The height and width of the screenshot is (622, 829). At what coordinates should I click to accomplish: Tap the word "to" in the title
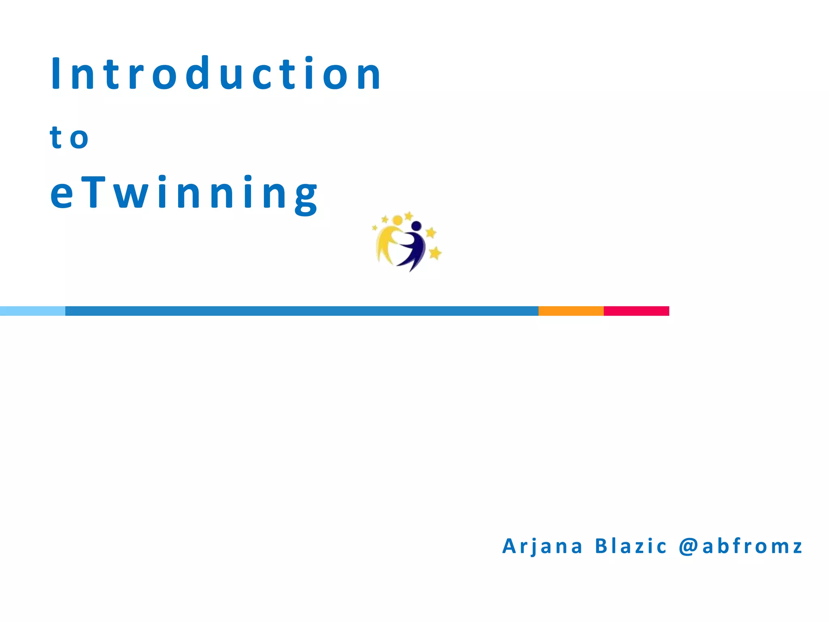(69, 138)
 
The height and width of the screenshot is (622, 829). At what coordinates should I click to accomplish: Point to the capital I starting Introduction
(55, 73)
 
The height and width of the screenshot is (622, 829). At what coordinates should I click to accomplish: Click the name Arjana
(542, 546)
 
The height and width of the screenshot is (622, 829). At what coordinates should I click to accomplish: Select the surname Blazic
(630, 546)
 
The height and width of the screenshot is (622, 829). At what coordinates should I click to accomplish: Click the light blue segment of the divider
(32, 311)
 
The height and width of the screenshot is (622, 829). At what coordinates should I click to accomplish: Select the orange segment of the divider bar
(571, 311)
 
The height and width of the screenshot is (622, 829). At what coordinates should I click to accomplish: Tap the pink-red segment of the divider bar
(636, 311)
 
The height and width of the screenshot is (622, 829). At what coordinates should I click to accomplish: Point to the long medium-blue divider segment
(302, 311)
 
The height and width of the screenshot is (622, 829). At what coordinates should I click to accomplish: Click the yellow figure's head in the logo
(397, 220)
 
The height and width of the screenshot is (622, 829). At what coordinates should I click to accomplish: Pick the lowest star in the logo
(435, 253)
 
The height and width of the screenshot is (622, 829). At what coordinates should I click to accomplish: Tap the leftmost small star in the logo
(374, 228)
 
